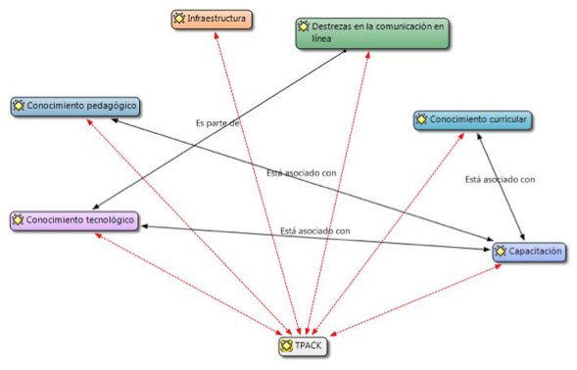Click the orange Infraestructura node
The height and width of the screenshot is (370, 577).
[x=212, y=20]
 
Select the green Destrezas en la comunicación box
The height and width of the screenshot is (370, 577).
[x=372, y=33]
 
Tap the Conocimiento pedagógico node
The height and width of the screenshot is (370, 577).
[x=75, y=107]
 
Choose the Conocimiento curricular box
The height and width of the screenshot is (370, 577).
[x=473, y=120]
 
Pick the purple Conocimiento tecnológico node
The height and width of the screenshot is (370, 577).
[x=74, y=221]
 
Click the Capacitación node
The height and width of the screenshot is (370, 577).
[x=530, y=253]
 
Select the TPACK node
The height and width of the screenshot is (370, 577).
[x=303, y=347]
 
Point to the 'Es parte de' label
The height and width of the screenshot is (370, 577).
[x=217, y=122]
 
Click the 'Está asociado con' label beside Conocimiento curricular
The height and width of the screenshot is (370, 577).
[x=500, y=179]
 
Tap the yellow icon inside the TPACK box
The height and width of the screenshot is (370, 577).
[x=286, y=346]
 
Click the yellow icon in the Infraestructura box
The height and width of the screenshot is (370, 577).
[x=179, y=18]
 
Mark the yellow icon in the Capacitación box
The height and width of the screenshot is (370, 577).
[x=501, y=252]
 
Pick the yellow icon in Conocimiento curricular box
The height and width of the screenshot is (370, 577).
[x=421, y=119]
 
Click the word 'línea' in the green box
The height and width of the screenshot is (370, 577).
[x=321, y=38]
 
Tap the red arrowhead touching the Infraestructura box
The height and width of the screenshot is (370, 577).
[x=216, y=34]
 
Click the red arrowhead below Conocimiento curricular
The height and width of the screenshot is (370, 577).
[x=460, y=136]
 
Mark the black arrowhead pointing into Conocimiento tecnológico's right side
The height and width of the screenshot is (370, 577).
[x=145, y=226]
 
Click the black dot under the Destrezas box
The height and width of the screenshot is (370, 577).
[x=345, y=51]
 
